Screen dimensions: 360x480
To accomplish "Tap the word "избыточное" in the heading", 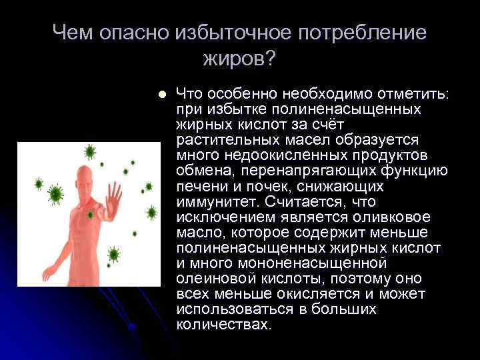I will pos(210,33).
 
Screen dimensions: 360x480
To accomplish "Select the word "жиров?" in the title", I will pos(238,59).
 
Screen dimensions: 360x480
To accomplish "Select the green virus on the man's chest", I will pos(91,215).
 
